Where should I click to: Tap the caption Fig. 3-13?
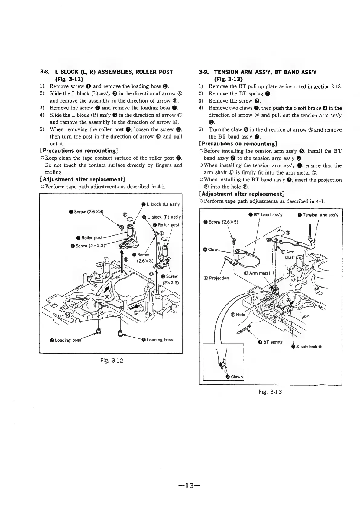[x=270, y=392]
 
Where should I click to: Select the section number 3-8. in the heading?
[x=45, y=72]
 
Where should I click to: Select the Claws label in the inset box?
[x=236, y=377]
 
